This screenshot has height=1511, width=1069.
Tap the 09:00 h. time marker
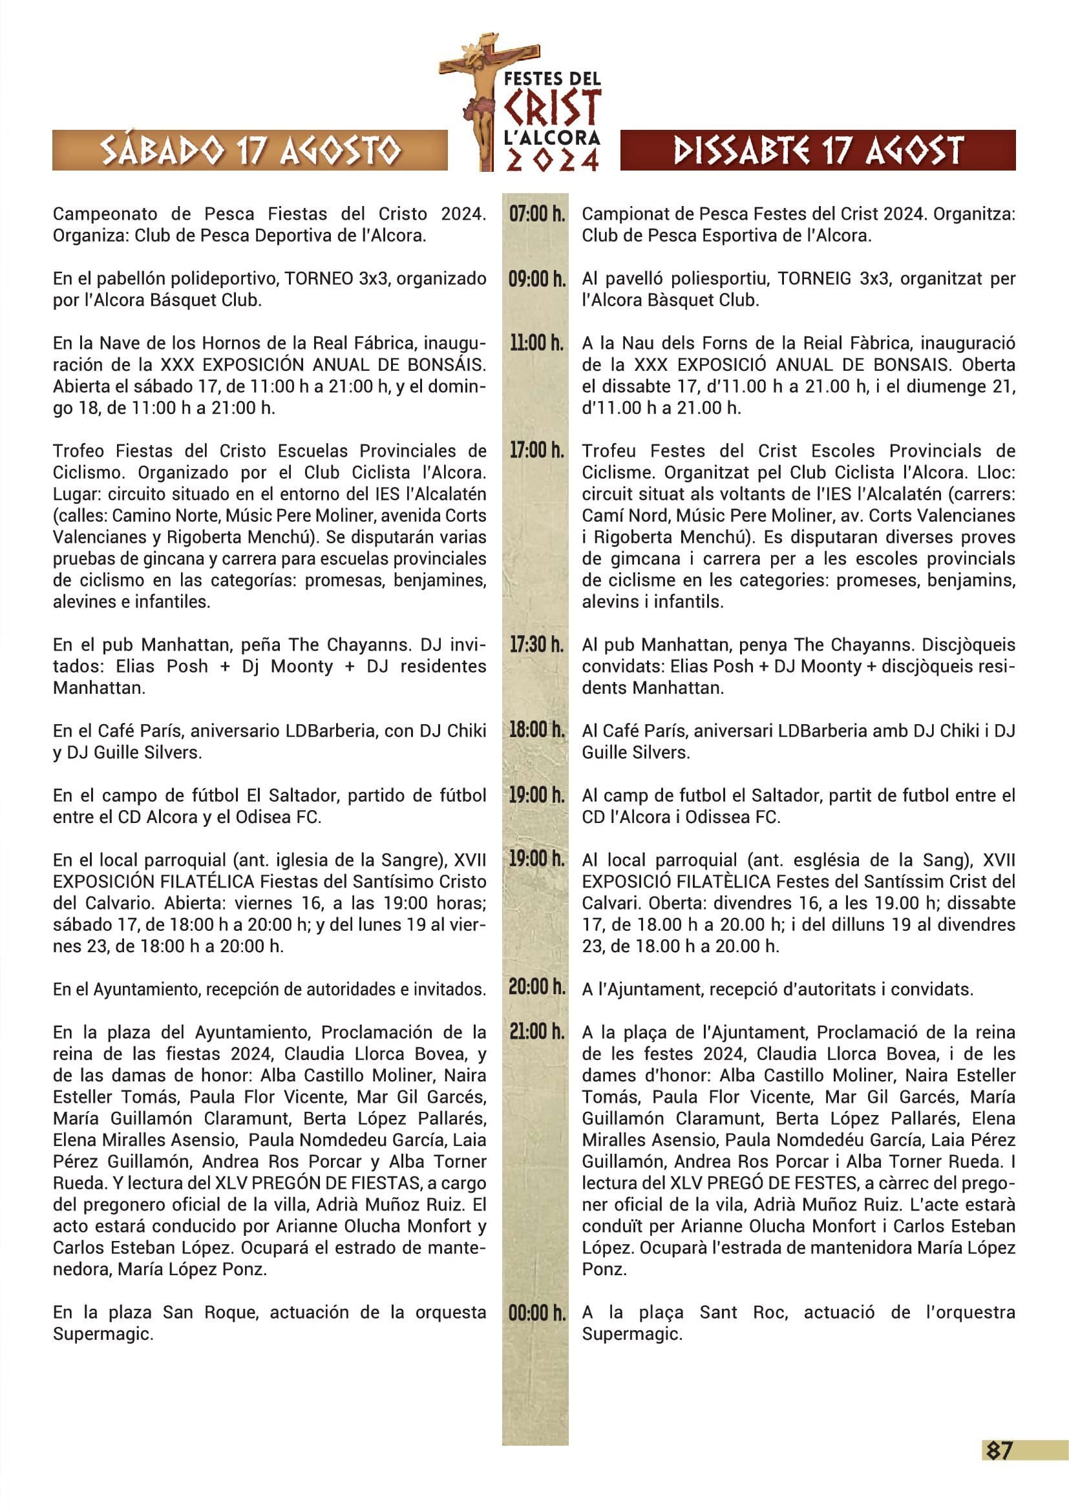point(536,278)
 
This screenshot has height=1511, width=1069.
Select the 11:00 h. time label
point(536,343)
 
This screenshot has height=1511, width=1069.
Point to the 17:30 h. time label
point(536,644)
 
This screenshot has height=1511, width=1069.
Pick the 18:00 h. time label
point(536,730)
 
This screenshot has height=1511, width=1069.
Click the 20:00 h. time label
point(536,987)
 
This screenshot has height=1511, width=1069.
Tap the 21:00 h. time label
point(536,1031)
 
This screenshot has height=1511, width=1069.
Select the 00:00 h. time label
point(536,1313)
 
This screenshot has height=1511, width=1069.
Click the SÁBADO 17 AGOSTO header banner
point(250,151)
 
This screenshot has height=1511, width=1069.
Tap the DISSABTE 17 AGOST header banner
point(818,151)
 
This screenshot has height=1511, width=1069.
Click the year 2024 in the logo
point(552,160)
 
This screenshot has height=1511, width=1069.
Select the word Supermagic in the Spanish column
point(103,1335)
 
